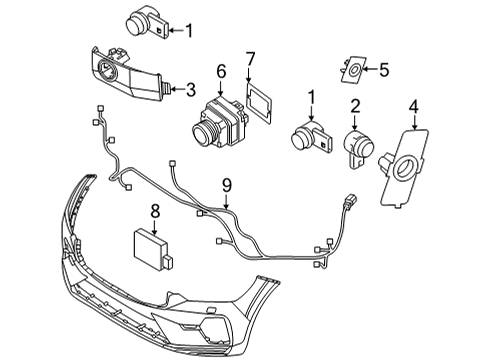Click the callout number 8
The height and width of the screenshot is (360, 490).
155,211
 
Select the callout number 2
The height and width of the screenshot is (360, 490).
355,105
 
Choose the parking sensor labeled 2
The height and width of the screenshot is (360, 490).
356,150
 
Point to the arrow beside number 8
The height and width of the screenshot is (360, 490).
155,225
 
